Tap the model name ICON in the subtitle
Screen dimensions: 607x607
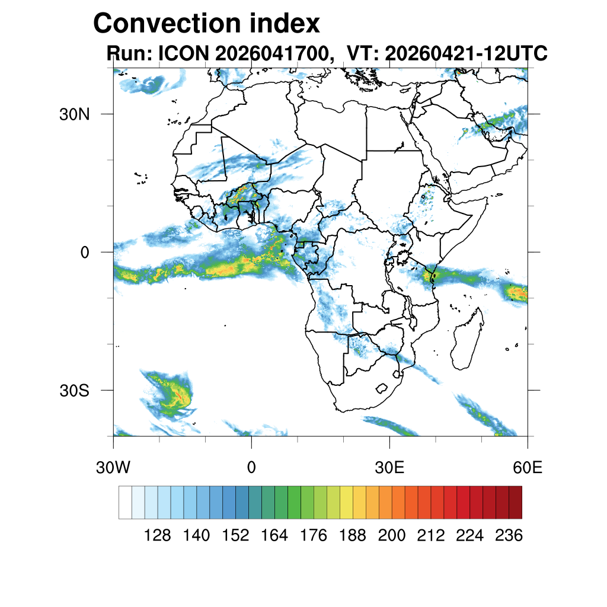pyautogui.click(x=184, y=53)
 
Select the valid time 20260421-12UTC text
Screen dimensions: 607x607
pyautogui.click(x=466, y=53)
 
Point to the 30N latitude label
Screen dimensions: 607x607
pyautogui.click(x=74, y=114)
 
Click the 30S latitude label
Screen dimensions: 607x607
pyautogui.click(x=74, y=391)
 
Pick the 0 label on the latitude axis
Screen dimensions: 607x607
pyautogui.click(x=85, y=253)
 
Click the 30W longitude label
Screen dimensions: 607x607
pyautogui.click(x=113, y=468)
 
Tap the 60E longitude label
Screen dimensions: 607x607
pyautogui.click(x=528, y=468)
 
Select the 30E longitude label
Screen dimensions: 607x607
pyautogui.click(x=389, y=468)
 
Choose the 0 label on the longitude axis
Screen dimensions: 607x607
pyautogui.click(x=251, y=468)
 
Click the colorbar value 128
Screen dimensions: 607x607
pyautogui.click(x=157, y=535)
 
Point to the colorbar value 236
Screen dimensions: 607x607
pyautogui.click(x=509, y=535)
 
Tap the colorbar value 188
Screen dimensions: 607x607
pyautogui.click(x=352, y=535)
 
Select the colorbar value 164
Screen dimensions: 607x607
pyautogui.click(x=274, y=535)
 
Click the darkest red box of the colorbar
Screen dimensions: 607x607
pyautogui.click(x=515, y=503)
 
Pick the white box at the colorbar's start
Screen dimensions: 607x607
pyautogui.click(x=125, y=503)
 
